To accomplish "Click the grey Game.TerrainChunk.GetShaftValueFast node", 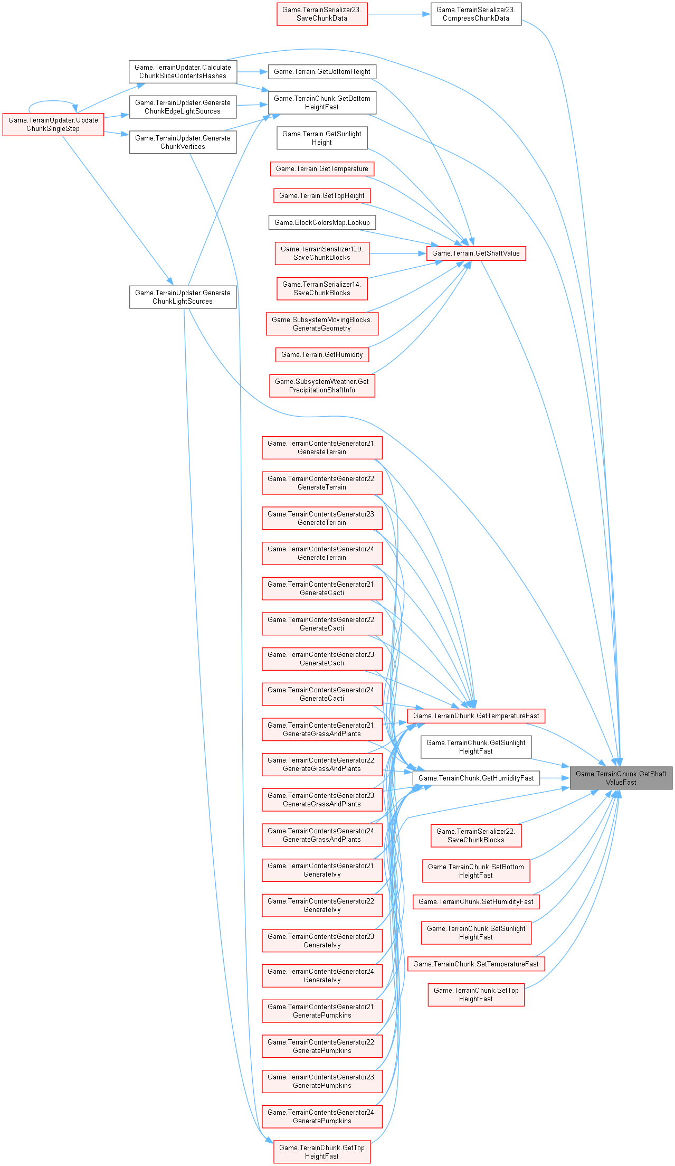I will coord(621,778).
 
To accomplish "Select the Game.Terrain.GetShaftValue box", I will coord(476,253).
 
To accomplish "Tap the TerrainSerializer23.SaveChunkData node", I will coord(321,14).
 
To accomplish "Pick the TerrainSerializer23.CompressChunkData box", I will coord(476,14).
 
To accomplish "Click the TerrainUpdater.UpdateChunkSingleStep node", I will coord(53,124).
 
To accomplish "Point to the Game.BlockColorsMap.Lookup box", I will coord(322,222).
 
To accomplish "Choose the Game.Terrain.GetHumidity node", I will coord(322,354).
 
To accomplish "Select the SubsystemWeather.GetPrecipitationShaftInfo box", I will coord(322,385).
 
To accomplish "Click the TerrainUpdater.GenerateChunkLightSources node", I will coord(183,297).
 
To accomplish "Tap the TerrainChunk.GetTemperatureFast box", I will coord(476,716).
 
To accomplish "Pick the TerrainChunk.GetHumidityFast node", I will coord(476,778).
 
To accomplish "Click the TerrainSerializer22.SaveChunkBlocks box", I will coord(476,835).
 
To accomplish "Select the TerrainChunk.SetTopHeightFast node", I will coord(476,994).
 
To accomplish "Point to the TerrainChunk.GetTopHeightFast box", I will coord(322,1152).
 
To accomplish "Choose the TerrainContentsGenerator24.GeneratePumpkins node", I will coord(322,1116).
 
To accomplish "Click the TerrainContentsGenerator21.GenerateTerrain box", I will coord(322,447).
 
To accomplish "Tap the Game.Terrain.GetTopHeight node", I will coord(322,196).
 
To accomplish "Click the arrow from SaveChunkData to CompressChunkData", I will coord(399,14).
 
